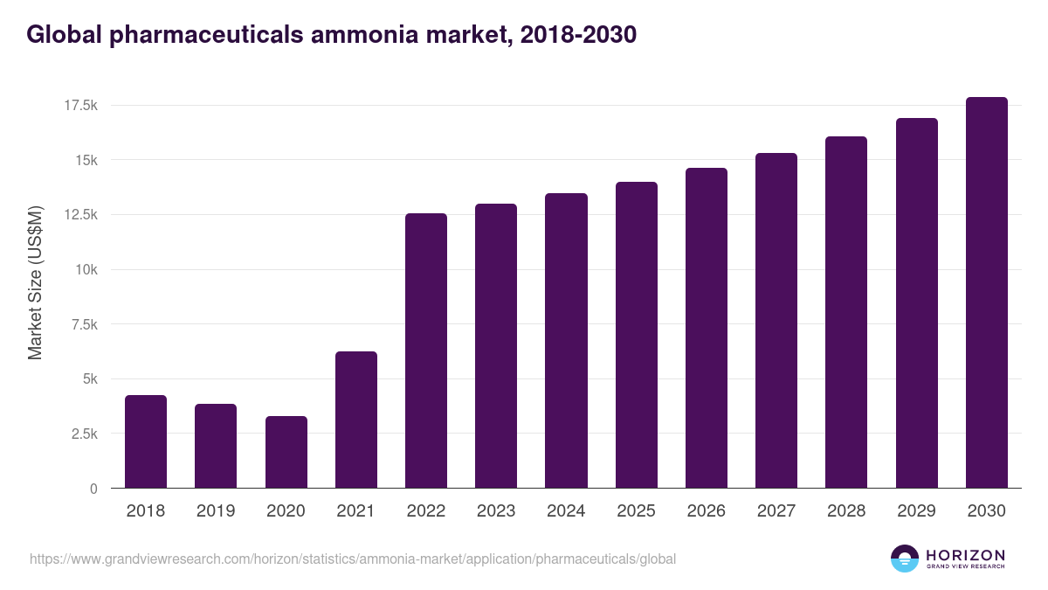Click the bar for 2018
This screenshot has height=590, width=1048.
(146, 441)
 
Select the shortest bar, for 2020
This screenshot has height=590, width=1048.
(286, 452)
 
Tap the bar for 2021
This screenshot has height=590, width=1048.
(355, 420)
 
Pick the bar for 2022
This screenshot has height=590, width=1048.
(426, 351)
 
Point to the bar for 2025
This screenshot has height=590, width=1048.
(636, 335)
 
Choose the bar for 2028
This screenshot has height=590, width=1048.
(846, 312)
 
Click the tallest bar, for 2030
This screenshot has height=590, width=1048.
(986, 293)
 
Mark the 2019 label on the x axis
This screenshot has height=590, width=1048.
(216, 511)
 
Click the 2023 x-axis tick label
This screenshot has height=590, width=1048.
(496, 511)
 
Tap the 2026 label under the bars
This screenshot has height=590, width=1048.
(706, 511)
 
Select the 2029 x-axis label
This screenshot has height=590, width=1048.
(916, 511)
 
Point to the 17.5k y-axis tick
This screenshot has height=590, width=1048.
(80, 106)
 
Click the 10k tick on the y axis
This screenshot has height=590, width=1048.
(86, 270)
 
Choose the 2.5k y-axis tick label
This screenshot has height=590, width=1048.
(84, 434)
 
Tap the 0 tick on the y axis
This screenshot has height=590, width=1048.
(93, 489)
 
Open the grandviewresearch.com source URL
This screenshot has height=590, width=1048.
(353, 559)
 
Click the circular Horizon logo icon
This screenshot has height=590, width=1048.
(905, 559)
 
